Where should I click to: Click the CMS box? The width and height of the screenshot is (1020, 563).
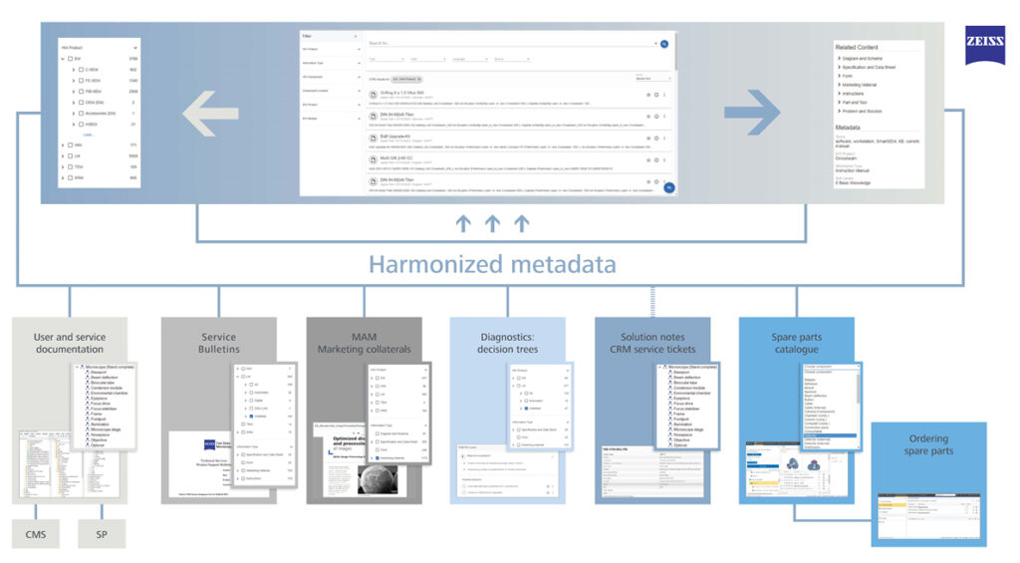[36, 534]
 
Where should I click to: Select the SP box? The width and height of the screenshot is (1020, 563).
[103, 534]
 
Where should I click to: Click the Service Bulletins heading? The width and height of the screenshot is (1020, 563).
[219, 343]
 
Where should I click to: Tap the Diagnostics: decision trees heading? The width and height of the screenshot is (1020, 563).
[507, 343]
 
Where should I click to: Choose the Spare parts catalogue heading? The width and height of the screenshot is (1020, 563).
[796, 343]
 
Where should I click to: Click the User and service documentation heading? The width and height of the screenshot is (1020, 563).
[69, 343]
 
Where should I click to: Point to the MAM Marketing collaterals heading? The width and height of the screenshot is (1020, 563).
[364, 343]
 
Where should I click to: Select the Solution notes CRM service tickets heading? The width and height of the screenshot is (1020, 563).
[652, 343]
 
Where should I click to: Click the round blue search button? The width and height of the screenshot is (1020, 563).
[664, 45]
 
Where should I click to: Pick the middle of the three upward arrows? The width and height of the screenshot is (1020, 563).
[492, 224]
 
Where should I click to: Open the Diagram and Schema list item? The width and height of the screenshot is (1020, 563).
[862, 59]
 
